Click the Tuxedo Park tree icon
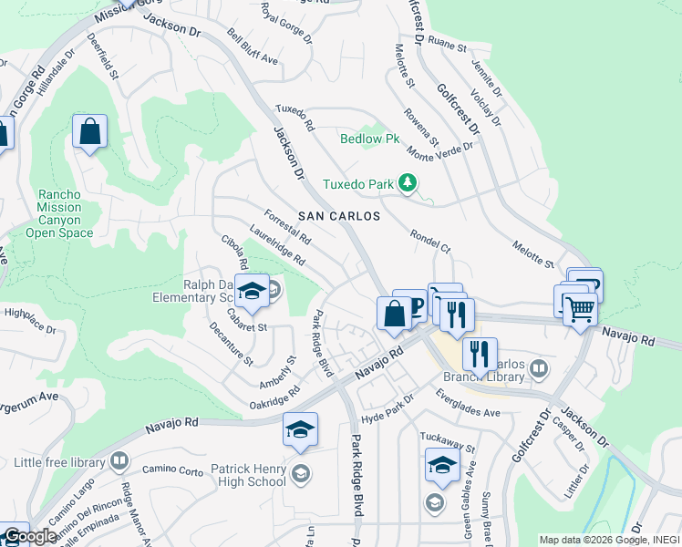click(x=408, y=184)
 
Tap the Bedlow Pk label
click(x=370, y=139)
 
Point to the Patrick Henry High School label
click(x=248, y=475)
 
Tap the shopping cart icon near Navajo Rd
click(x=579, y=310)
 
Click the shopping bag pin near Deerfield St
click(x=90, y=132)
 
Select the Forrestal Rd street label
click(x=287, y=229)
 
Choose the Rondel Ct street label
click(x=431, y=241)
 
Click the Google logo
click(x=31, y=536)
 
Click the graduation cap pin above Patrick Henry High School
click(x=300, y=430)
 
